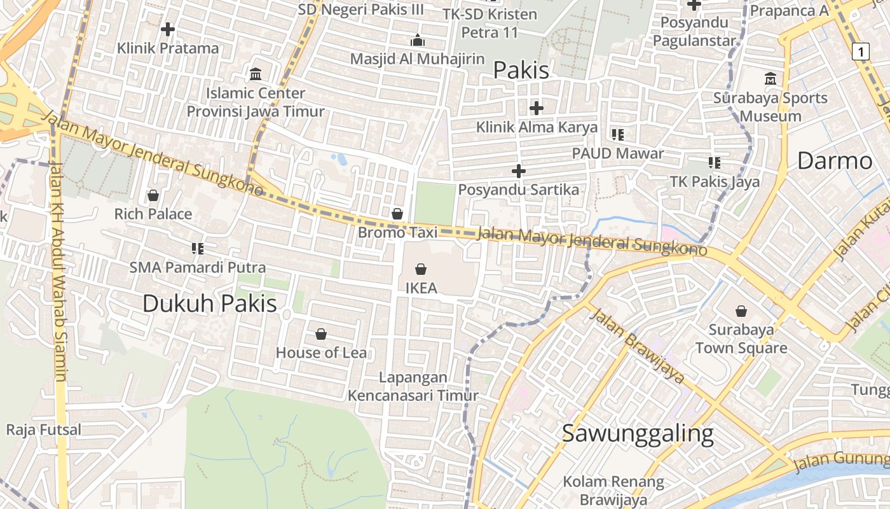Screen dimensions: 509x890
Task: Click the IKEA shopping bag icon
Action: pos(420,269)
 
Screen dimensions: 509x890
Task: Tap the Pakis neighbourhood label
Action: pos(521,70)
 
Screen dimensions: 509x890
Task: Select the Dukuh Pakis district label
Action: pos(209,303)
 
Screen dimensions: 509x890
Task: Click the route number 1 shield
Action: pos(860,52)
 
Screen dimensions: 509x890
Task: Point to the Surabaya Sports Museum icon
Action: pos(770,79)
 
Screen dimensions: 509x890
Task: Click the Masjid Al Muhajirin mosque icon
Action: pos(417,40)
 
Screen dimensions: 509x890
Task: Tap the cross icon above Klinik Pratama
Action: pos(168,29)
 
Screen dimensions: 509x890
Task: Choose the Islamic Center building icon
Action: pos(256,74)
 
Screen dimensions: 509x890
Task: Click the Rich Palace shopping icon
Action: pos(153,195)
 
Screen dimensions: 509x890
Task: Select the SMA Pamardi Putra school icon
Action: pos(198,248)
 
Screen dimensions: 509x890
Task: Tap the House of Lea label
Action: pos(321,352)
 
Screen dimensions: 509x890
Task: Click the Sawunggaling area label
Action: pos(638,434)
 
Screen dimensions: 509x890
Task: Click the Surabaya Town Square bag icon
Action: pos(741,311)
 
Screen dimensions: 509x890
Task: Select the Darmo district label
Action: pos(834,160)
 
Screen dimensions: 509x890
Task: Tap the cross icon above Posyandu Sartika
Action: pos(519,171)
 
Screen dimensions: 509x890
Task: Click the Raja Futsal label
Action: pos(44,429)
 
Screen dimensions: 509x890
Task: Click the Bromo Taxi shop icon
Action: pos(397,214)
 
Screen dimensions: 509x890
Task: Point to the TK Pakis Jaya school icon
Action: pos(715,163)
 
